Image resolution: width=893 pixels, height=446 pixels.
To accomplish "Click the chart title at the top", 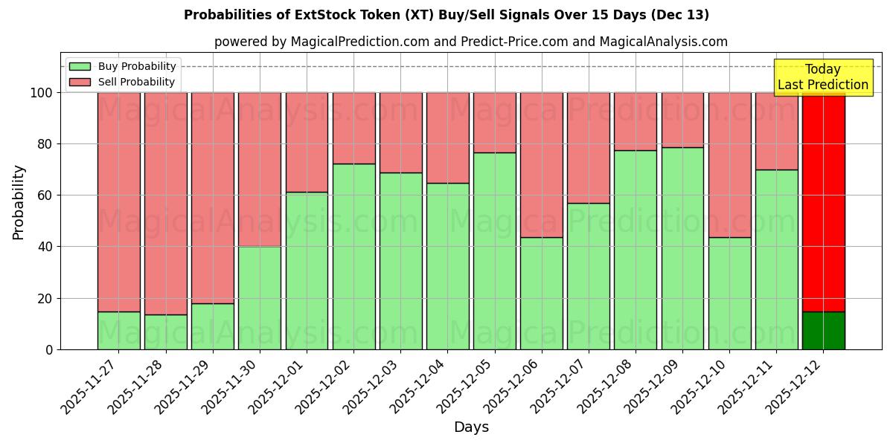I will tap(446, 15).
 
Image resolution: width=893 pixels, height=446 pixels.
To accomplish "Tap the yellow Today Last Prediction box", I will tap(823, 77).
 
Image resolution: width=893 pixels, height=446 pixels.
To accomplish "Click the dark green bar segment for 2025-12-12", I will tap(823, 330).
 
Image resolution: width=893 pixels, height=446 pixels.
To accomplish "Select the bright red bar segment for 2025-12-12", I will tap(823, 201).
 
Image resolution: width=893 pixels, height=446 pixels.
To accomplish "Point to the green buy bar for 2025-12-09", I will tap(682, 248).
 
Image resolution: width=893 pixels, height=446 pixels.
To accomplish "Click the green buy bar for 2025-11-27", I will tap(118, 330).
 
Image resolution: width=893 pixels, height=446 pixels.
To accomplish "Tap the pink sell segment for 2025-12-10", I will tap(729, 164).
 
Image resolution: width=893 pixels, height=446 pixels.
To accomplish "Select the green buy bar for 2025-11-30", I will tap(259, 297).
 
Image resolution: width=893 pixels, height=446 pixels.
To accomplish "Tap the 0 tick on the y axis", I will tap(49, 349).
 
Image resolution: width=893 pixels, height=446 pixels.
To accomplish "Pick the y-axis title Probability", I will tap(19, 201).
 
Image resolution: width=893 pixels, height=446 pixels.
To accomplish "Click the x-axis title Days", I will tap(471, 427).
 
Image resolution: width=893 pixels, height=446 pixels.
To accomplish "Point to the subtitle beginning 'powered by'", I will tap(470, 42).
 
